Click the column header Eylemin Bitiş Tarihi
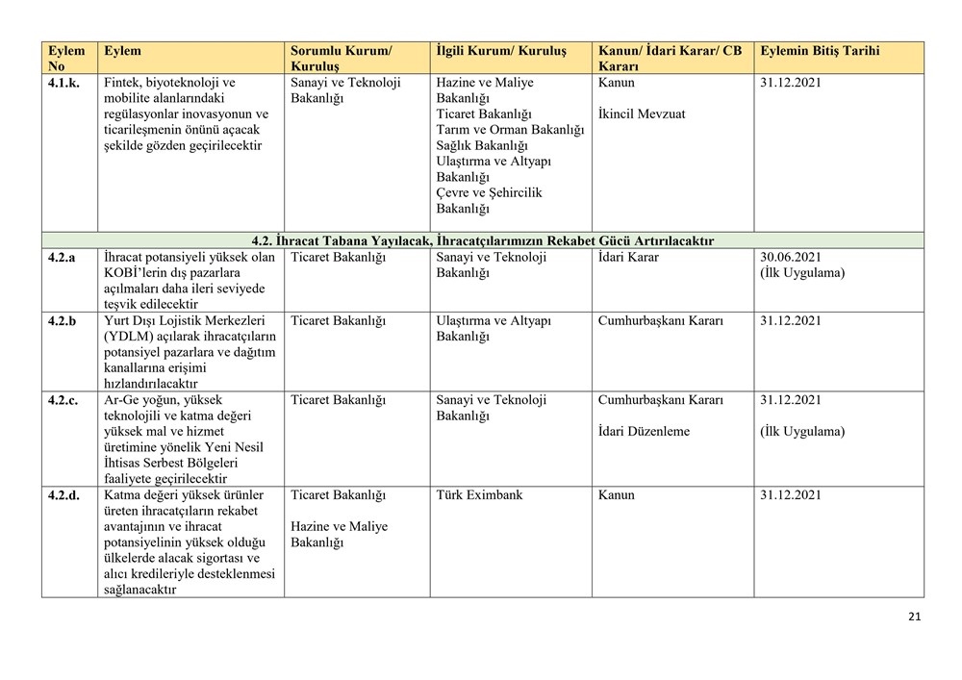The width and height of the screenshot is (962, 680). coord(819,51)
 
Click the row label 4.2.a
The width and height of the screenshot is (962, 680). coord(63,258)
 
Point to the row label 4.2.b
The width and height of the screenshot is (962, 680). coord(63,320)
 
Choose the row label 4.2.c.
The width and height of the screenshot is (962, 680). coord(63,400)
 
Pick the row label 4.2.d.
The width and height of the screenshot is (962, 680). coord(64,495)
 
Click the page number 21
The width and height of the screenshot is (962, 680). coord(914,617)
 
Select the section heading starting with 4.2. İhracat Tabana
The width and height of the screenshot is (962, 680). coord(482,240)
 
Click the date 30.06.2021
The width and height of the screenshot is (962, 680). coord(790,258)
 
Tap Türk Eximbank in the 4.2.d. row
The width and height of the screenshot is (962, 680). coord(479,495)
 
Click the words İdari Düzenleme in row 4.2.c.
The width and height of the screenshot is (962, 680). coord(644,432)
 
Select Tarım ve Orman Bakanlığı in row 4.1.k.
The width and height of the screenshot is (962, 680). coord(510,130)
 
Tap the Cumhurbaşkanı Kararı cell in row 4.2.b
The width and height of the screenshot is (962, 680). coord(660,320)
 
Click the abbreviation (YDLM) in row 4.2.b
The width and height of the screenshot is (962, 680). coord(129,337)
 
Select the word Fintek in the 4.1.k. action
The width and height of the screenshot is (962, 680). coord(122,83)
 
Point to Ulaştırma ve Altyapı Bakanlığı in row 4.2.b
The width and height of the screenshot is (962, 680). coord(494,328)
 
